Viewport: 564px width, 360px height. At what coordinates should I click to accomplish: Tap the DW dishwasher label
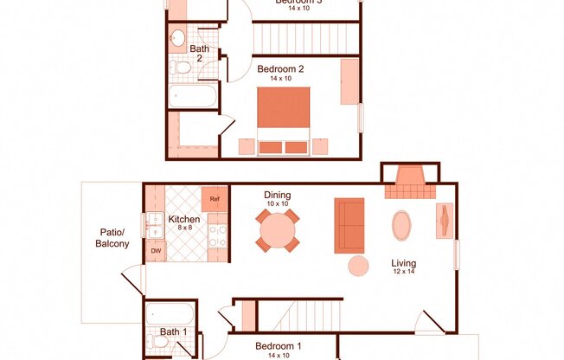157,250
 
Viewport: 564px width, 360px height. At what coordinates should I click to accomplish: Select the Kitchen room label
184,220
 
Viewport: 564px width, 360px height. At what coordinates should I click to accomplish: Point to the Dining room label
278,195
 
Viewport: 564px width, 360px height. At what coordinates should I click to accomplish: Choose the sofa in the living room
349,225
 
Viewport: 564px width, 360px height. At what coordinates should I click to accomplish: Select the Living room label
403,263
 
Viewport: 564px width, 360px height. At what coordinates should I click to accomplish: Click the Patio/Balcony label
112,238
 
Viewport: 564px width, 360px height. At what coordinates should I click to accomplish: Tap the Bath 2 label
200,55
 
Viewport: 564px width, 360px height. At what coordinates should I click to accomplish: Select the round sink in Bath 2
177,37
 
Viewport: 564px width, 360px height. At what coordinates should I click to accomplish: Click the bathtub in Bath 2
192,95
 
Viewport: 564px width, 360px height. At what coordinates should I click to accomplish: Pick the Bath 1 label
173,332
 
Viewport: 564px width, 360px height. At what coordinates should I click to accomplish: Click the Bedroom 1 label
278,347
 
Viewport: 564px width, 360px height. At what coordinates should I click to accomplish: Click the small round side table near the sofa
358,266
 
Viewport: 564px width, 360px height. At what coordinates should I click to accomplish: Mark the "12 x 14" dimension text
403,273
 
